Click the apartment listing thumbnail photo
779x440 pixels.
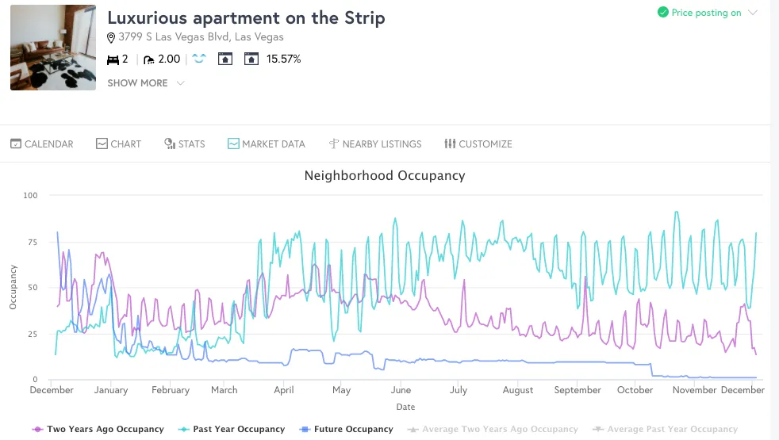[x=53, y=48]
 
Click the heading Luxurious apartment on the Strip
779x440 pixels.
[x=246, y=18]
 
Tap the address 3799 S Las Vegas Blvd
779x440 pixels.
[x=201, y=37]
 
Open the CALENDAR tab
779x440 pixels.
[x=42, y=144]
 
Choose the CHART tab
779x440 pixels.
[x=119, y=144]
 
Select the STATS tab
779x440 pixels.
[x=185, y=144]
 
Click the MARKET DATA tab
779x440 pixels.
[x=267, y=144]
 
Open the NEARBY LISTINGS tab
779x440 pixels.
[x=375, y=144]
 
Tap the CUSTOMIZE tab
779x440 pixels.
[x=478, y=144]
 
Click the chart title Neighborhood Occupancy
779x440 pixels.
[x=385, y=175]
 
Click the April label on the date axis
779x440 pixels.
[x=284, y=390]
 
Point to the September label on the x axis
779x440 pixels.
[x=578, y=390]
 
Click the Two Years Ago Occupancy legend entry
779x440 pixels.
[x=98, y=429]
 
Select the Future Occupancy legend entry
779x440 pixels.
[x=347, y=429]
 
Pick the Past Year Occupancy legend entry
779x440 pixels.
[x=232, y=429]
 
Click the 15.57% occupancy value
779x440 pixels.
[x=283, y=59]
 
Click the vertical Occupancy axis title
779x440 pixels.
[x=13, y=287]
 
